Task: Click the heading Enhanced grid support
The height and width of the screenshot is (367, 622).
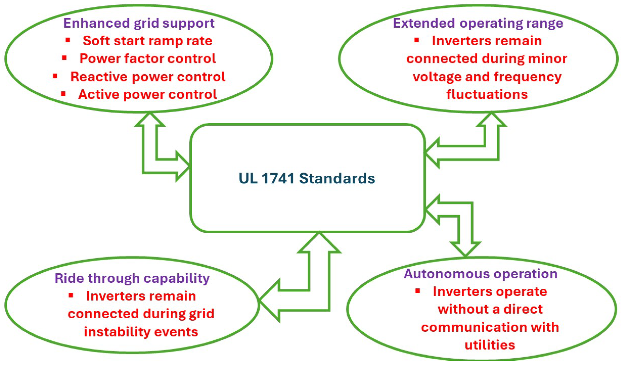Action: (139, 23)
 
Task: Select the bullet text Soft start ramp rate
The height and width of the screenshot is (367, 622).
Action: (147, 41)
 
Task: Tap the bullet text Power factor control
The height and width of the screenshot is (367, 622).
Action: (147, 58)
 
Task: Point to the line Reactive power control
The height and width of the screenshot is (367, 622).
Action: (148, 77)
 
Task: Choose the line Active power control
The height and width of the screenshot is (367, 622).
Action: (147, 94)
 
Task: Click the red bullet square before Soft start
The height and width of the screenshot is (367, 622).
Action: (68, 40)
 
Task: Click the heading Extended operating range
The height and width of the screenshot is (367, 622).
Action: (478, 23)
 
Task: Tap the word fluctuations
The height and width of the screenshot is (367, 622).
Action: (487, 94)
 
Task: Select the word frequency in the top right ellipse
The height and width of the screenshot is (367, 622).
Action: (528, 77)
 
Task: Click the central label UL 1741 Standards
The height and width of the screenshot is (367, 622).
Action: (307, 179)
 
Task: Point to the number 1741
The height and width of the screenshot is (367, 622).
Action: (278, 179)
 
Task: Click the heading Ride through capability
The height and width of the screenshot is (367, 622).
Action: (132, 278)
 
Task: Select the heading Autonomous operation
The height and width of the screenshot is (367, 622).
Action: (481, 274)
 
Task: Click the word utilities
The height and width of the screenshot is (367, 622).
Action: (490, 345)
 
